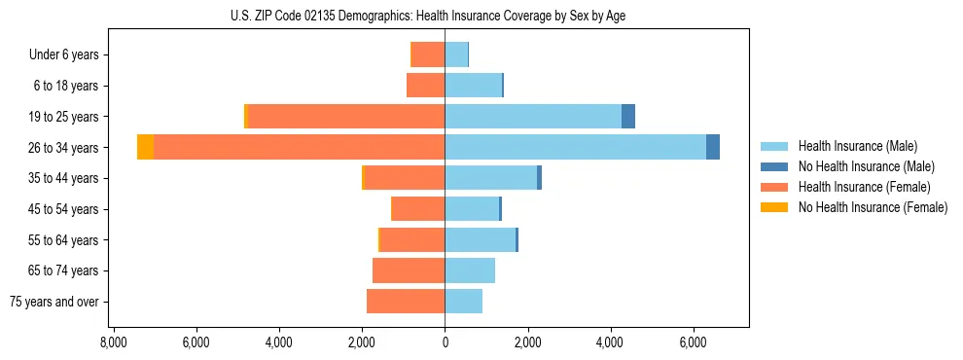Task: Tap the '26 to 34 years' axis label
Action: click(x=64, y=148)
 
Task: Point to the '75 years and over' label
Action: click(x=54, y=302)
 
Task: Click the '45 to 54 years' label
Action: click(x=64, y=209)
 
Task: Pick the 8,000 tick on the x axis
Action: click(x=113, y=342)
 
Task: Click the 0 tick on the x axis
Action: click(x=445, y=342)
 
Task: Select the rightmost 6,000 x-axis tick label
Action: click(x=694, y=342)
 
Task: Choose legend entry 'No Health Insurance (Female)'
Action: click(x=873, y=207)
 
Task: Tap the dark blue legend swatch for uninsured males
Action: click(x=774, y=166)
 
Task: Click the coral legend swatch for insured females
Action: click(x=774, y=187)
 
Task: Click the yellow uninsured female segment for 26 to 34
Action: click(x=145, y=148)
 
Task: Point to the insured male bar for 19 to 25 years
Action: click(x=533, y=117)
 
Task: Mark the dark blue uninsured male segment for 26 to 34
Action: click(x=713, y=148)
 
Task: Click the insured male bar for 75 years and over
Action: click(x=463, y=302)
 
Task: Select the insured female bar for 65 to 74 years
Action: click(x=409, y=270)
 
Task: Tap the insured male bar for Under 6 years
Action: click(x=456, y=54)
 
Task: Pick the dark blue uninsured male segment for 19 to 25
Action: click(x=628, y=117)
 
